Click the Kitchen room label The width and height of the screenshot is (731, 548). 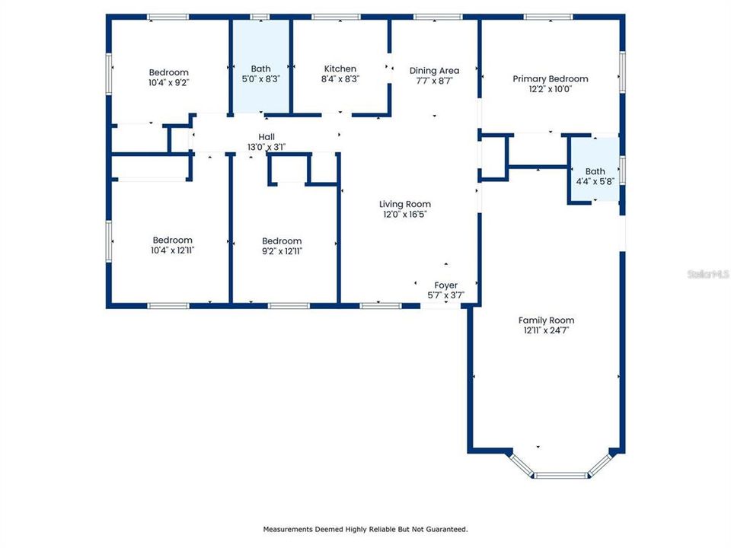pos(340,68)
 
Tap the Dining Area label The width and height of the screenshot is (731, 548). pos(434,71)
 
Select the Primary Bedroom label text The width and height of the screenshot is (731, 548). pos(550,78)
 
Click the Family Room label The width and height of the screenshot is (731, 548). pos(546,320)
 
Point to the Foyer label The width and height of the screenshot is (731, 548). pos(445,285)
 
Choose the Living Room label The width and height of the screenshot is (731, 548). pos(405,204)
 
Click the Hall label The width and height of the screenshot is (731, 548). pos(266,137)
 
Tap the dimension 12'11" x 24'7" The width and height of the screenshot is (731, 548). pos(546,330)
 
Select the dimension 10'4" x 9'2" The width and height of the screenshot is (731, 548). pos(168,82)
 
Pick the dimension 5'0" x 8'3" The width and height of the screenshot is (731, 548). pos(260,78)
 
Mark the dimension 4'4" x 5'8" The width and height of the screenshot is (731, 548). pos(595,181)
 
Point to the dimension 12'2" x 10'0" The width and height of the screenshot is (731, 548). pos(550,88)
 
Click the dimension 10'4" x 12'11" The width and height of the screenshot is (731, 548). pos(172,250)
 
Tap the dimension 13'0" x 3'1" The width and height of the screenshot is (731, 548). pos(266,147)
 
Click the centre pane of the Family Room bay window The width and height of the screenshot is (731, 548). pos(560,475)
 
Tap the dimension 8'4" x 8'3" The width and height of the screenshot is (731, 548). pos(340,78)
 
